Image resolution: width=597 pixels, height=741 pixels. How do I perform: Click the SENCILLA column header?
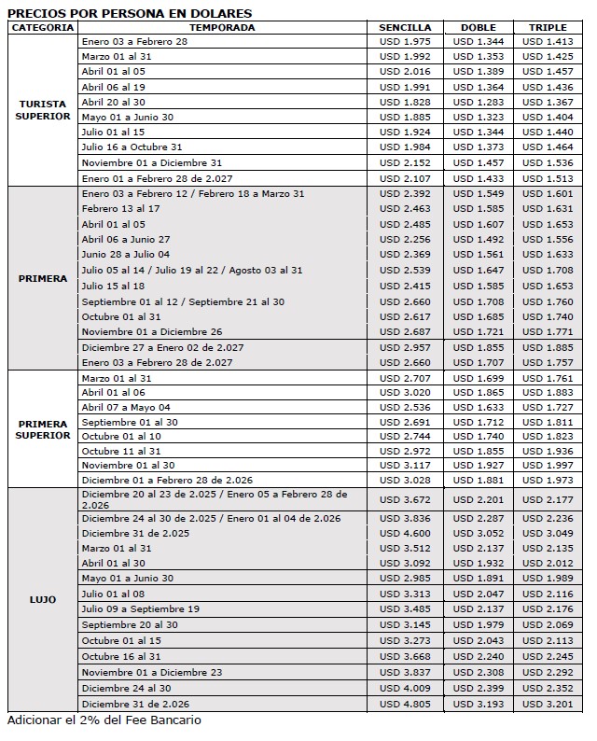click(x=406, y=27)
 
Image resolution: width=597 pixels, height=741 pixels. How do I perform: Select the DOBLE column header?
click(x=478, y=27)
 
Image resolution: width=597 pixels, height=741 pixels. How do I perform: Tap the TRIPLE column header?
click(x=548, y=27)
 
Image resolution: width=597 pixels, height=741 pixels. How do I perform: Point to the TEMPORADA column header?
click(x=228, y=27)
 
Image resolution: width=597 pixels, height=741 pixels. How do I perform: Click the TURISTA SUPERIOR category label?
click(x=43, y=110)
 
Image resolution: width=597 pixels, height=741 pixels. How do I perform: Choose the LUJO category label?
click(x=43, y=599)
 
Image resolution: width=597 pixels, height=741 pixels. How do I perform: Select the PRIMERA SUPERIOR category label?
click(x=43, y=429)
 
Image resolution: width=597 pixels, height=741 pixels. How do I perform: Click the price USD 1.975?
click(x=406, y=42)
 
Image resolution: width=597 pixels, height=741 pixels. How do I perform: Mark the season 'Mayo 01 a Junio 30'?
click(x=127, y=117)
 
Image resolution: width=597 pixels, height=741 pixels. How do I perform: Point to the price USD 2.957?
click(x=406, y=346)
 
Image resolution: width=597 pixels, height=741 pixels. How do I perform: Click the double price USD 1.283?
click(x=478, y=102)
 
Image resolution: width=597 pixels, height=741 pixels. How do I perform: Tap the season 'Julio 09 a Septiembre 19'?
click(x=140, y=608)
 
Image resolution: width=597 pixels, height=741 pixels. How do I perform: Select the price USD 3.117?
click(x=406, y=466)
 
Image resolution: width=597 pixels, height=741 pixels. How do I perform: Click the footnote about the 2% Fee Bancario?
click(x=104, y=720)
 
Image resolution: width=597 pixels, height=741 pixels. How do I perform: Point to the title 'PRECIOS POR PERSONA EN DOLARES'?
click(x=130, y=13)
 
